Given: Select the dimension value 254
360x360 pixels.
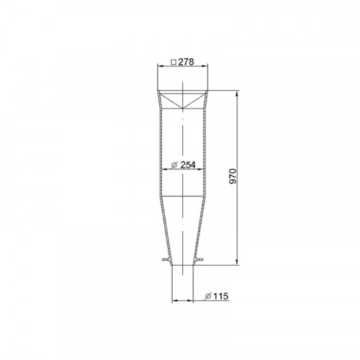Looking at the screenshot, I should click(x=188, y=165).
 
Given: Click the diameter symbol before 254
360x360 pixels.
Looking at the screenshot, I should click(x=175, y=165).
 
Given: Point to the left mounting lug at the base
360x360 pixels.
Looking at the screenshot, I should click(x=165, y=261).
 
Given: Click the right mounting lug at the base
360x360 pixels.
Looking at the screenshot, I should click(x=204, y=261).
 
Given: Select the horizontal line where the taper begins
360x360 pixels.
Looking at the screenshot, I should click(x=184, y=196).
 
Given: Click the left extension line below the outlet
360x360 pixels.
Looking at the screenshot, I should click(x=172, y=284).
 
